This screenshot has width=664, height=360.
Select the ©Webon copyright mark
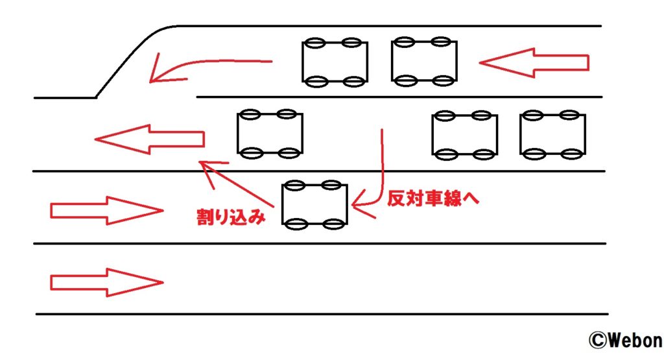tap(624, 341)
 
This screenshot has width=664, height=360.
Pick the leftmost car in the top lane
tap(335, 62)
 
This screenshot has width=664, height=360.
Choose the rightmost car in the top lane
tap(424, 62)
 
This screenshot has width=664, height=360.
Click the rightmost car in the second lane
tap(552, 135)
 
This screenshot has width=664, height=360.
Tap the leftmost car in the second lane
tap(269, 134)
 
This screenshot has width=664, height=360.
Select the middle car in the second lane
tap(464, 135)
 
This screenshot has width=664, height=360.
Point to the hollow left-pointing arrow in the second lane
tap(149, 139)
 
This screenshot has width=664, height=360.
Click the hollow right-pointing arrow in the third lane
tap(106, 211)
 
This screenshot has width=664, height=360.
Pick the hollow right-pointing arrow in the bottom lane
tap(106, 282)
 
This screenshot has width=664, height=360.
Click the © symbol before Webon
tap(597, 341)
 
